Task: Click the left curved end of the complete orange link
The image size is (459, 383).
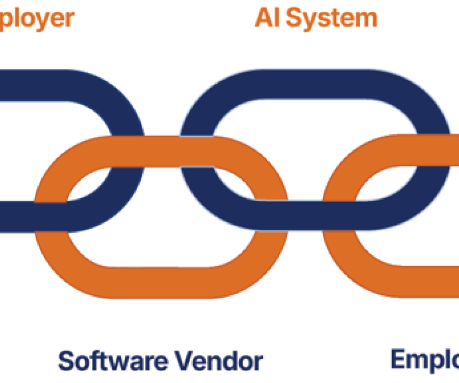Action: pos(51,214)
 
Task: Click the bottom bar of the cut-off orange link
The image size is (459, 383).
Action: pos(423,281)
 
